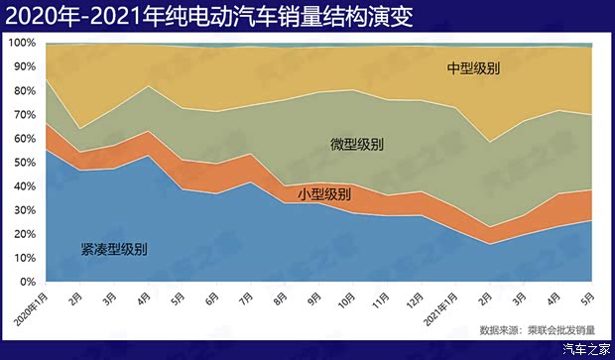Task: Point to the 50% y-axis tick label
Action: tap(24, 163)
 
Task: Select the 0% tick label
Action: tap(27, 282)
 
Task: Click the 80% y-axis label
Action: tap(24, 91)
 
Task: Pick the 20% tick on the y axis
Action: tap(24, 234)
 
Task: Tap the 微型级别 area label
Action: tap(357, 145)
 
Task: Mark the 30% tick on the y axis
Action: tap(24, 210)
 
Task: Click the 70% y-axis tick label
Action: tap(24, 115)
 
